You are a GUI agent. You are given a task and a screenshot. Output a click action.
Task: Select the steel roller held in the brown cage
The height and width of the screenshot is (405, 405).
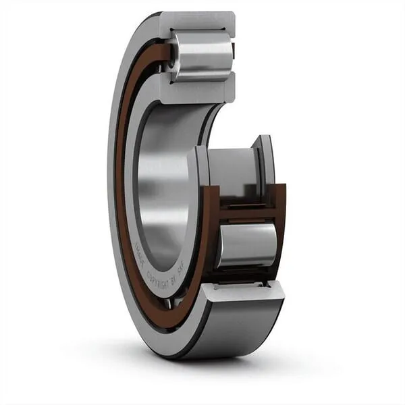coord(246,244)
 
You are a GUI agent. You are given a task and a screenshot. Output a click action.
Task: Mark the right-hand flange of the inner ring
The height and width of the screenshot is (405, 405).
coord(265,162)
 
